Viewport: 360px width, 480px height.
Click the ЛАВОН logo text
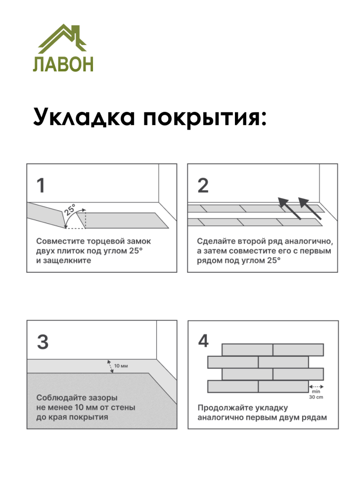[x=63, y=64]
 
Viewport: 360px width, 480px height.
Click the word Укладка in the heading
[x=83, y=118]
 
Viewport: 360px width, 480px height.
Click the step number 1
[x=41, y=186]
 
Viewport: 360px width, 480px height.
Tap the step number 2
[x=203, y=186]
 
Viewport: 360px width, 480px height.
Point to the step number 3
[x=43, y=342]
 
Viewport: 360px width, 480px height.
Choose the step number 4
[x=203, y=341]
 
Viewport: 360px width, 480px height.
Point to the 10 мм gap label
[x=121, y=366]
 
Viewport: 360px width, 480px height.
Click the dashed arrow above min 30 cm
[x=315, y=385]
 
